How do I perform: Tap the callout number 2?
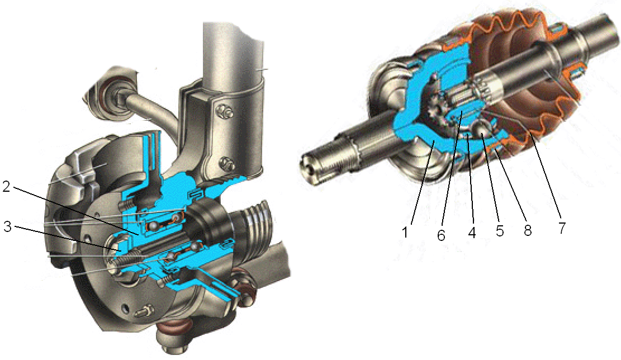(7, 186)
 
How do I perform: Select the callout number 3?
(8, 227)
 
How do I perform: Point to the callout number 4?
(471, 232)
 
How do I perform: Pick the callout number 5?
(500, 230)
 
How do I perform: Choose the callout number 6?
(441, 235)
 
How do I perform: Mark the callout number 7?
(562, 228)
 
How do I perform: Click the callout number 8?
(528, 230)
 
